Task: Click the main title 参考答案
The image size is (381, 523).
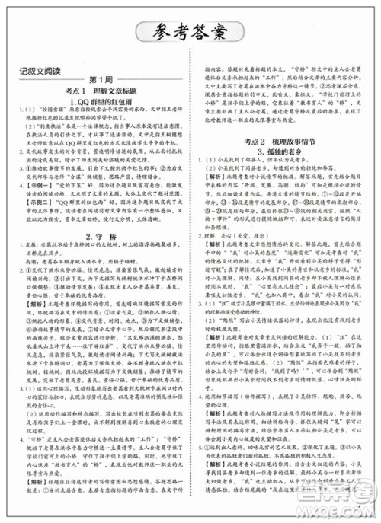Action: (x=190, y=33)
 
